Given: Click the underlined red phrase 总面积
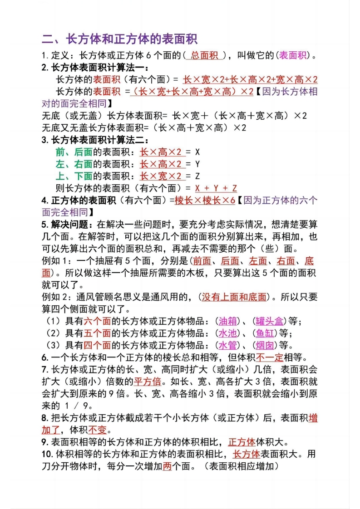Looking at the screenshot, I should pos(205,56).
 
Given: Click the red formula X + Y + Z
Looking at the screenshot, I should pos(216,188).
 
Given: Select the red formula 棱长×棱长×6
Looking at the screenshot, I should pos(205,200).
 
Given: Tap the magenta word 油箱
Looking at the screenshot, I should pos(228,321).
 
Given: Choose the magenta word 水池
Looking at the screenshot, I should pos(228,333).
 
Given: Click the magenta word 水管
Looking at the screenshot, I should pos(228,345).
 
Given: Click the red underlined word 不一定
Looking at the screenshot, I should pos(270,357).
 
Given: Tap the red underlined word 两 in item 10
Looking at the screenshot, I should pos(167,466).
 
